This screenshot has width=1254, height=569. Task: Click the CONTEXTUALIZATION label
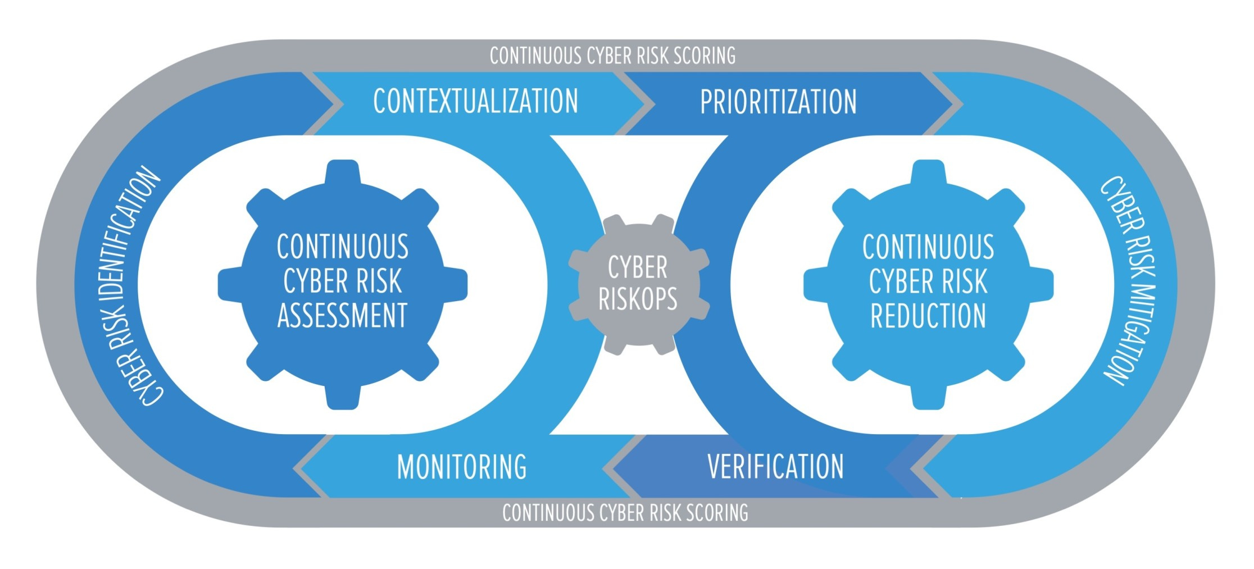(x=475, y=102)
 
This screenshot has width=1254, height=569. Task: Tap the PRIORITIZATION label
(x=778, y=102)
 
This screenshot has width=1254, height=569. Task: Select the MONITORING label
(x=462, y=467)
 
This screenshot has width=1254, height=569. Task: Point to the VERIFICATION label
(x=775, y=467)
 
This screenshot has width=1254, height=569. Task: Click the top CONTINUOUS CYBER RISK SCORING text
(x=612, y=56)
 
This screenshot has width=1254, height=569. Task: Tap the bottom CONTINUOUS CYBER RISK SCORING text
(x=625, y=513)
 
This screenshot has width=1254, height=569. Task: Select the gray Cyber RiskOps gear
(x=638, y=284)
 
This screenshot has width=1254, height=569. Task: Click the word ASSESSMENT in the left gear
(x=342, y=315)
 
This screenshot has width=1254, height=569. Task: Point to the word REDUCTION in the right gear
(x=928, y=315)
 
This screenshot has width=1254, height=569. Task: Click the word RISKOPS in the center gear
(x=638, y=299)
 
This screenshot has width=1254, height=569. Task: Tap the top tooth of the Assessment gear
(x=342, y=172)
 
